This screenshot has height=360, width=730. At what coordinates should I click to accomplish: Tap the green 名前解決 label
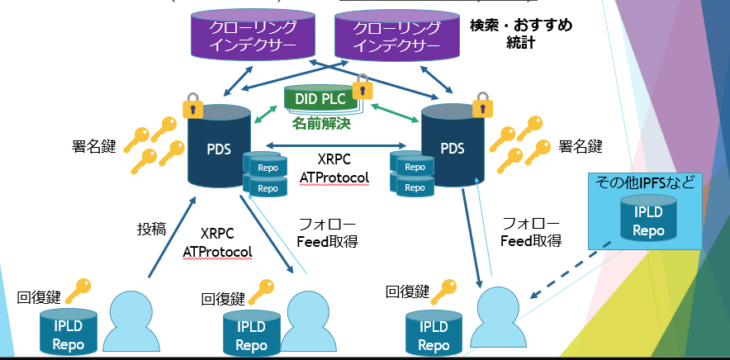pyautogui.click(x=321, y=125)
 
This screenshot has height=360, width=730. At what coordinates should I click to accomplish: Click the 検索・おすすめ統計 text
pyautogui.click(x=521, y=33)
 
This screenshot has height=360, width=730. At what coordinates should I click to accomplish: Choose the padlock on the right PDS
pyautogui.click(x=479, y=105)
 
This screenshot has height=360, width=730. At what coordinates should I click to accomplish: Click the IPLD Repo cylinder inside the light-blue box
pyautogui.click(x=647, y=218)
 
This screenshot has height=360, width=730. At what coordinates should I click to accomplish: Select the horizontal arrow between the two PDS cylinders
pyautogui.click(x=342, y=145)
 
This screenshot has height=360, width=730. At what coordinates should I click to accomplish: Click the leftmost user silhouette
pyautogui.click(x=126, y=318)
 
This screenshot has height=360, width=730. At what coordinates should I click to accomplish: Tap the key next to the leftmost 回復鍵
pyautogui.click(x=78, y=289)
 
